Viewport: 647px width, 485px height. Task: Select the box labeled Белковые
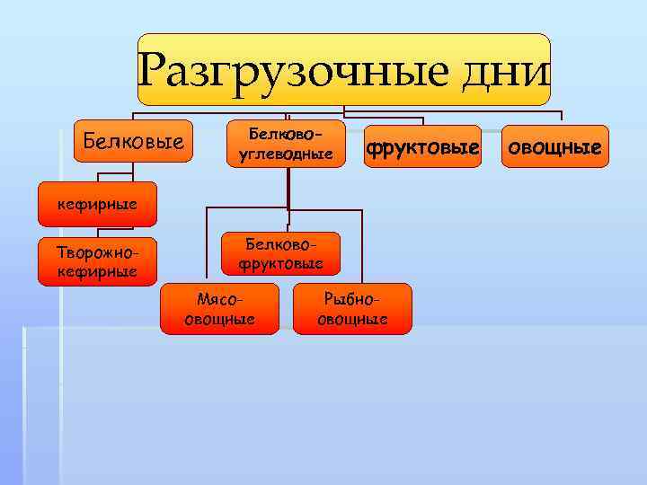(x=133, y=141)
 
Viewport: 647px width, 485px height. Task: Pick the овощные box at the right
(x=554, y=146)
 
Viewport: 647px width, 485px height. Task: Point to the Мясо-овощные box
(x=218, y=309)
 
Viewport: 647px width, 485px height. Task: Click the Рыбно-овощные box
(x=352, y=309)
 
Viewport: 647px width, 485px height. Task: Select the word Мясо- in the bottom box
(x=218, y=300)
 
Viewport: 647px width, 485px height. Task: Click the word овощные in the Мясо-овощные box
(x=218, y=319)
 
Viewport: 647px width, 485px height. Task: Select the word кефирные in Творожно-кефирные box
(x=97, y=270)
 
